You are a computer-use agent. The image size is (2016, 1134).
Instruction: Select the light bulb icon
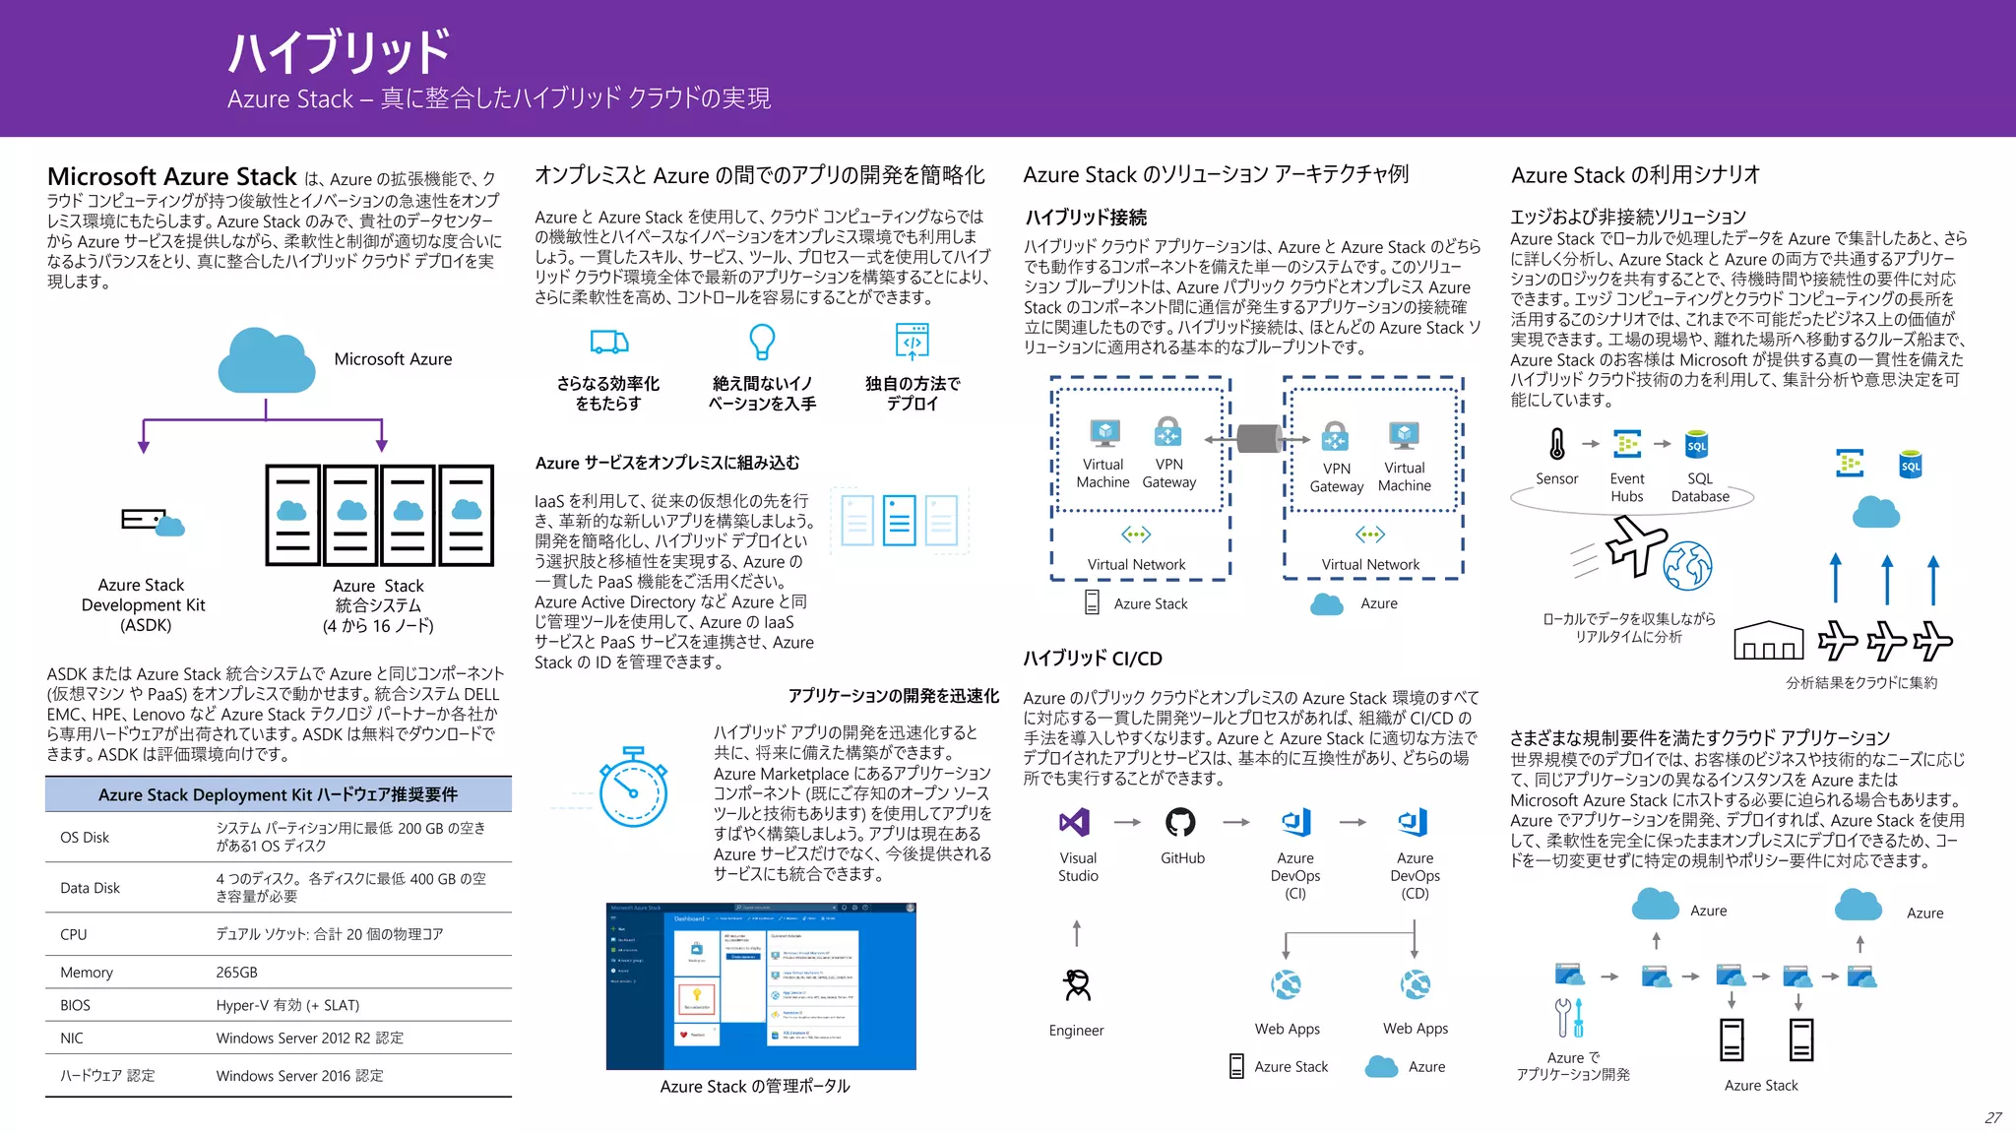tap(762, 342)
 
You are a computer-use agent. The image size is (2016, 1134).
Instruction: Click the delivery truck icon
tap(609, 342)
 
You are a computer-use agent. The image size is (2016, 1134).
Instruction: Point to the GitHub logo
tap(1180, 822)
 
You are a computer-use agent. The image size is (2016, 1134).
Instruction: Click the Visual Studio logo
tap(1075, 822)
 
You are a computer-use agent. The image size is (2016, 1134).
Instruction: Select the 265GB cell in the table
tap(237, 973)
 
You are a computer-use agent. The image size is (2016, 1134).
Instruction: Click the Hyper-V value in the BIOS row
tap(287, 1005)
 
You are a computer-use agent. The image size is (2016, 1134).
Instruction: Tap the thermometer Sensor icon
tap(1556, 444)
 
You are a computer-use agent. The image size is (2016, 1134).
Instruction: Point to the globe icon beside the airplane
tap(1688, 566)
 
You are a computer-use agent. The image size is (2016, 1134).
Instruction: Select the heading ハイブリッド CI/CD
tap(1093, 659)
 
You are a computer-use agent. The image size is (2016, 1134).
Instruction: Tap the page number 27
tap(1993, 1118)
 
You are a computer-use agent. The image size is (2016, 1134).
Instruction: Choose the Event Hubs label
tap(1627, 487)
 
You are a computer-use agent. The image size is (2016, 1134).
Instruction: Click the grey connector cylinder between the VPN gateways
tap(1257, 439)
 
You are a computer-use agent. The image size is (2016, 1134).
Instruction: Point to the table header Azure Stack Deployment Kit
tap(278, 794)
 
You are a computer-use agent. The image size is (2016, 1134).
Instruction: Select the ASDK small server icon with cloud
tap(153, 522)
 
